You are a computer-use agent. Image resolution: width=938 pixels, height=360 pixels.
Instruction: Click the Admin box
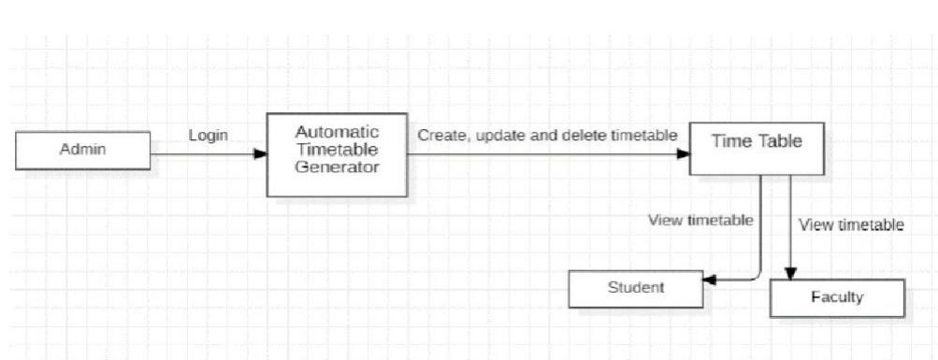[82, 151]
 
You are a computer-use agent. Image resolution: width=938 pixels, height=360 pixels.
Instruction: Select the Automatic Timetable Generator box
[337, 154]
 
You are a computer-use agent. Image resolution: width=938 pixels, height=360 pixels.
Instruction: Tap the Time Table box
[757, 148]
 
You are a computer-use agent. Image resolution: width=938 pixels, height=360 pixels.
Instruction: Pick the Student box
[635, 288]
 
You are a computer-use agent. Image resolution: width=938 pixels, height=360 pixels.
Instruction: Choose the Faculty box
[837, 298]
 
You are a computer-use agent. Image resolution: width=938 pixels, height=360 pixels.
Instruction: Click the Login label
[208, 136]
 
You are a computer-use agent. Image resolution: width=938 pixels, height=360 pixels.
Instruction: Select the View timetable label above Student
[700, 221]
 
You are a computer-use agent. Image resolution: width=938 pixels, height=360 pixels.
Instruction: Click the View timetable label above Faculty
[851, 224]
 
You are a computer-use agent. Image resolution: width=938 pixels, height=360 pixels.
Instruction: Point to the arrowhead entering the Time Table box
[683, 155]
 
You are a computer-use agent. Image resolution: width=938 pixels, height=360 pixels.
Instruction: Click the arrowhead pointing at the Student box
[709, 280]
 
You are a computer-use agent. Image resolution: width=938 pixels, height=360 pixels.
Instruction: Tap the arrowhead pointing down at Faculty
[790, 272]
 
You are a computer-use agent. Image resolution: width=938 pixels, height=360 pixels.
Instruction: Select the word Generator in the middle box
[337, 168]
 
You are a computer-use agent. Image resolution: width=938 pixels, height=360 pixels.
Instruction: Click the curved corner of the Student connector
[757, 275]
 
